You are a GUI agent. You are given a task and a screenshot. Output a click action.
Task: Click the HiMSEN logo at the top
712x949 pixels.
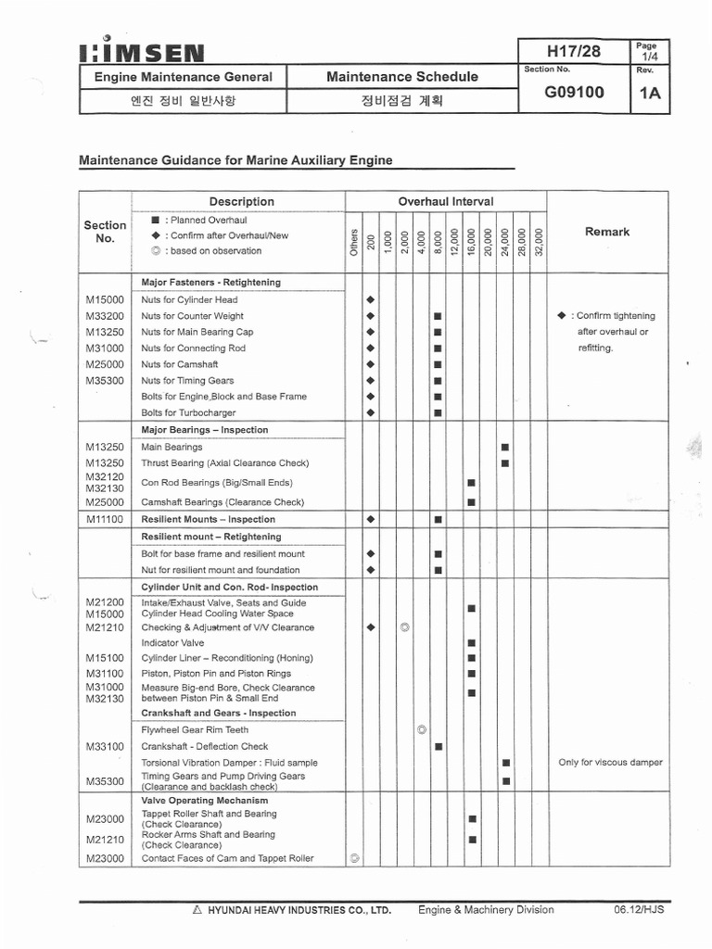click(x=143, y=52)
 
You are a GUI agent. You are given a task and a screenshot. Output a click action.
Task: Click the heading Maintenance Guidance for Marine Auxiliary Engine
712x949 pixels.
click(x=235, y=160)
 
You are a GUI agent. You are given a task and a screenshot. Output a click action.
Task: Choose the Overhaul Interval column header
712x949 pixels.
click(x=445, y=201)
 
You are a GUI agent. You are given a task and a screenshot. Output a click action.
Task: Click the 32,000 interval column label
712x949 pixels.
click(x=539, y=243)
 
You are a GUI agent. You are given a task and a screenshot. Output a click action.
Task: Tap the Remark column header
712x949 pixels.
click(x=607, y=232)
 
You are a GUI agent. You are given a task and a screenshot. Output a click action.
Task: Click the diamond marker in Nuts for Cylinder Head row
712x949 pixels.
click(x=371, y=300)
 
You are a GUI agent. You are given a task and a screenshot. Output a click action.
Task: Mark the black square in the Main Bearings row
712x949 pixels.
click(x=505, y=447)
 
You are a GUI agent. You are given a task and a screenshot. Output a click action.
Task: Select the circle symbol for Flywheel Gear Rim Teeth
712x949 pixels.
click(x=422, y=730)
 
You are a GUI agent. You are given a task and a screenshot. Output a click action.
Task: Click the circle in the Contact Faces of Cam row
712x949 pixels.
click(x=354, y=858)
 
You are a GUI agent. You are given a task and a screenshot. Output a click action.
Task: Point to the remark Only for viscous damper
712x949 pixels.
click(x=610, y=763)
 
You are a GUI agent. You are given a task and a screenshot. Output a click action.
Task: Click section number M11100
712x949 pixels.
click(x=105, y=519)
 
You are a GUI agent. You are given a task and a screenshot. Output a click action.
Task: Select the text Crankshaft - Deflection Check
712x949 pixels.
click(x=204, y=746)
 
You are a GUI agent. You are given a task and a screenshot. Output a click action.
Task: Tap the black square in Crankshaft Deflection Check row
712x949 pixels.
click(x=439, y=746)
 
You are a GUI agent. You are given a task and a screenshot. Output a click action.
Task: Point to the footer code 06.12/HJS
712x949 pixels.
click(x=639, y=910)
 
